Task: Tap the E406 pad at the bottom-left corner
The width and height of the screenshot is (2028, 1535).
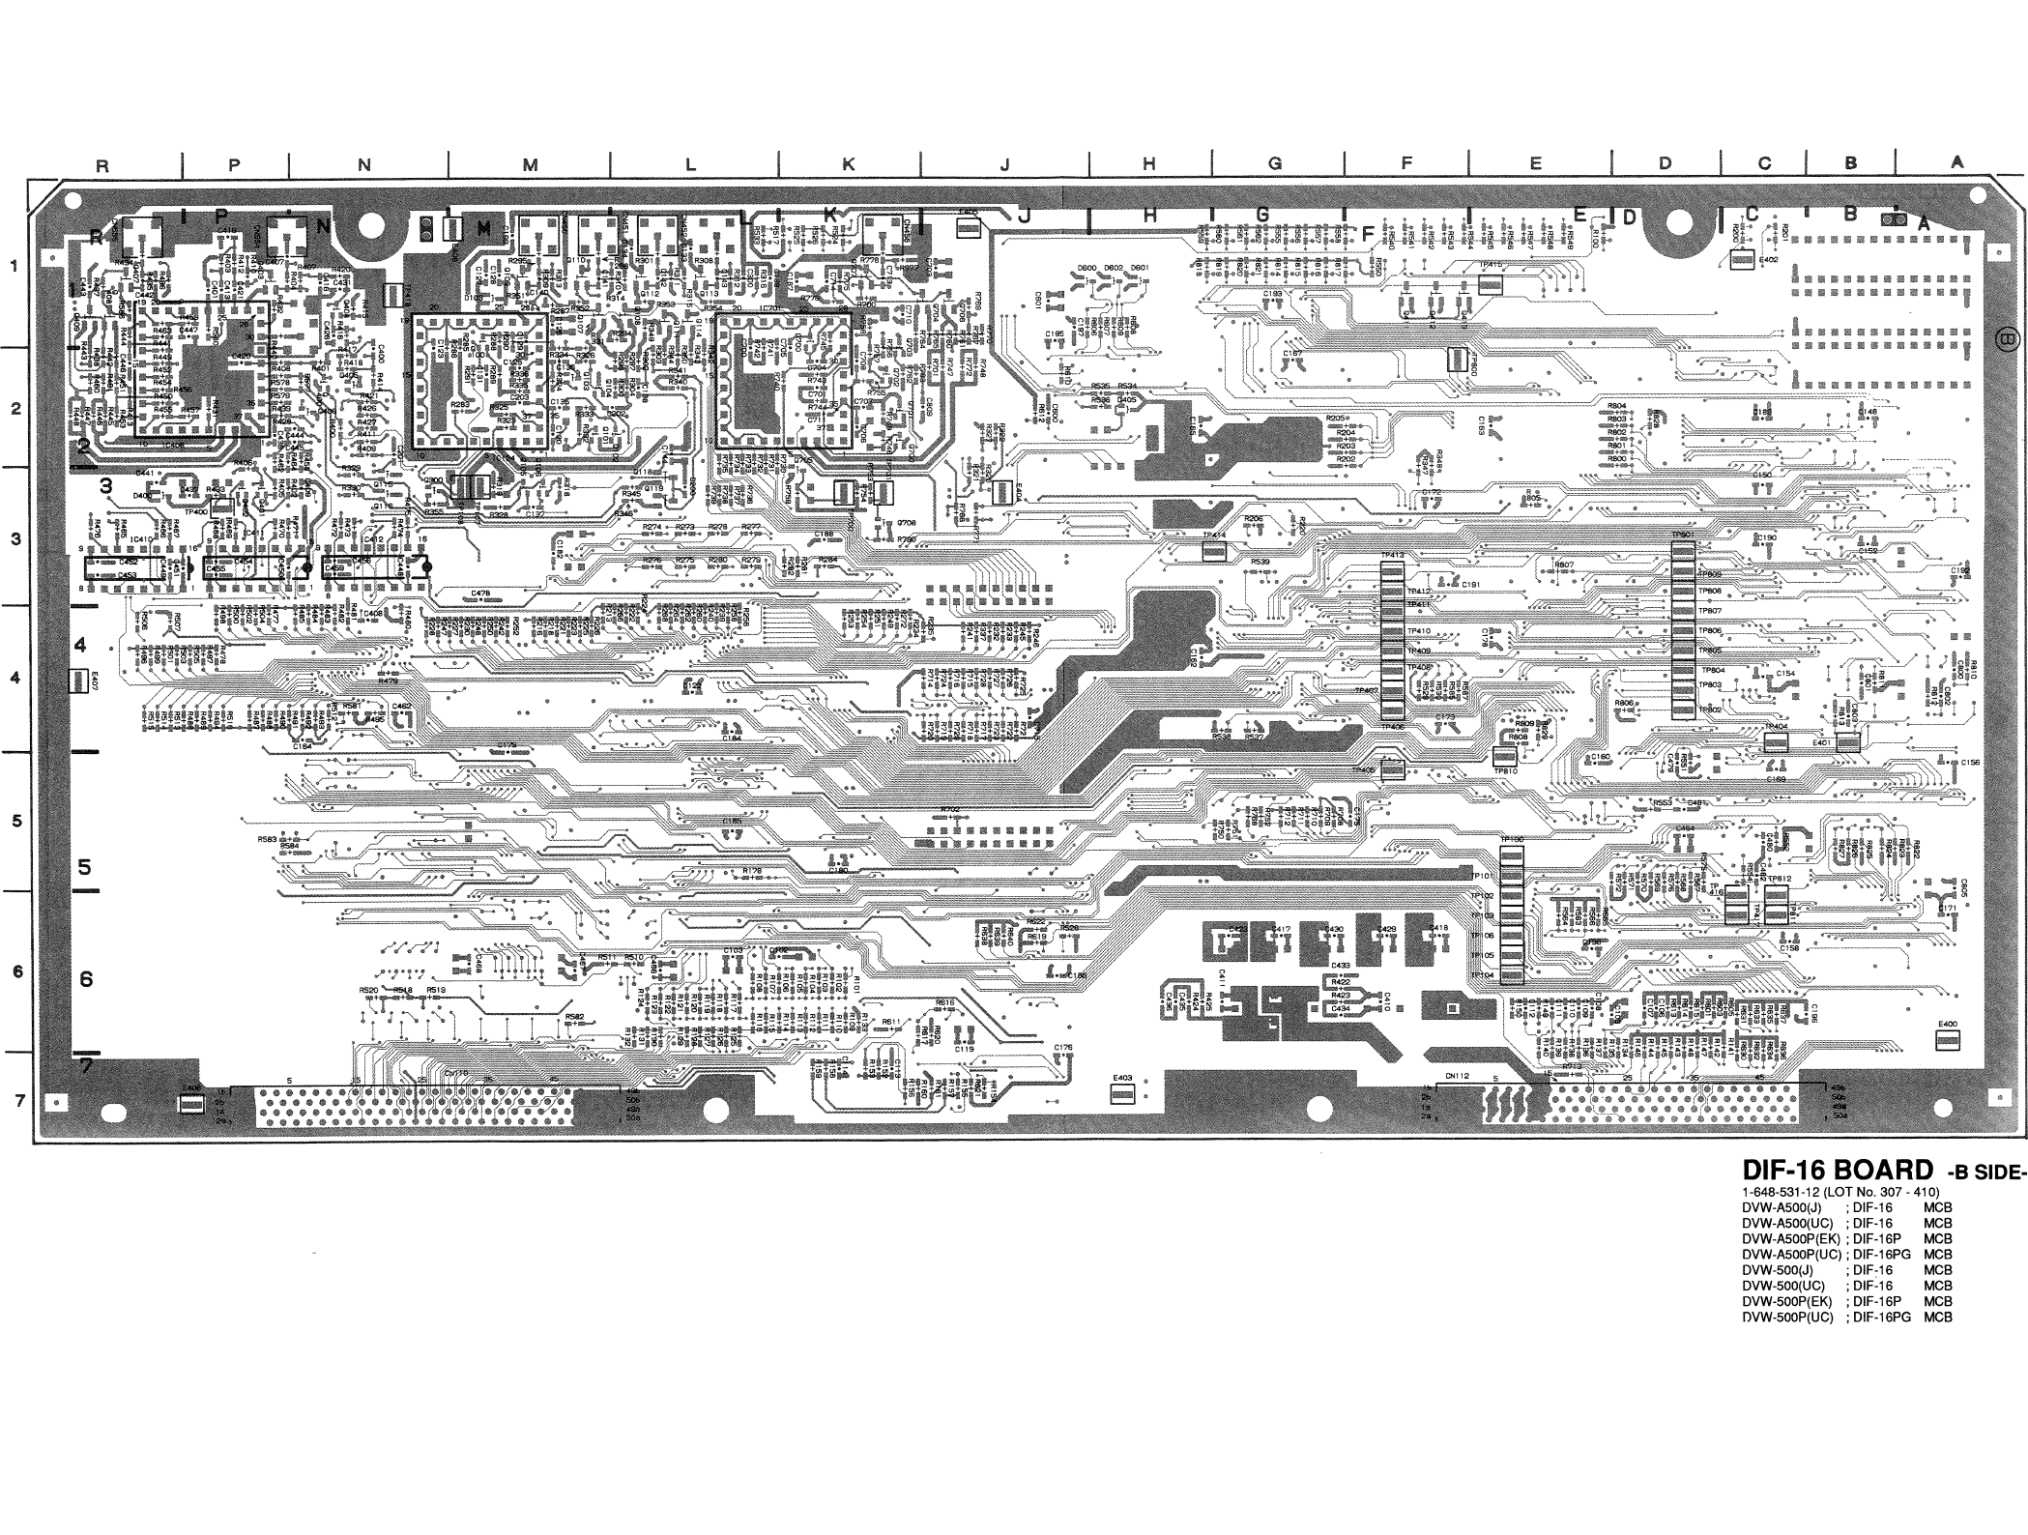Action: click(192, 1101)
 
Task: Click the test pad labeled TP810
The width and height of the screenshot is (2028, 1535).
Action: click(1504, 757)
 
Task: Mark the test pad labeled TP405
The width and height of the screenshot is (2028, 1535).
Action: click(1392, 769)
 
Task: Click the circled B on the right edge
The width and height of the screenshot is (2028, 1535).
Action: click(2006, 338)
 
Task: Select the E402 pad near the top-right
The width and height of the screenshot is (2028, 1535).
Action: click(1741, 260)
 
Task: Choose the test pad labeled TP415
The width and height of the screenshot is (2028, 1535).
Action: click(1491, 284)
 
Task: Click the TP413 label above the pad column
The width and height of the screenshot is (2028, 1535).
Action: click(1392, 555)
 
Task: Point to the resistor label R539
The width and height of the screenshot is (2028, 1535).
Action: click(1260, 562)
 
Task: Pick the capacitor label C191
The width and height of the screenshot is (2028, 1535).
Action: click(1470, 585)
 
